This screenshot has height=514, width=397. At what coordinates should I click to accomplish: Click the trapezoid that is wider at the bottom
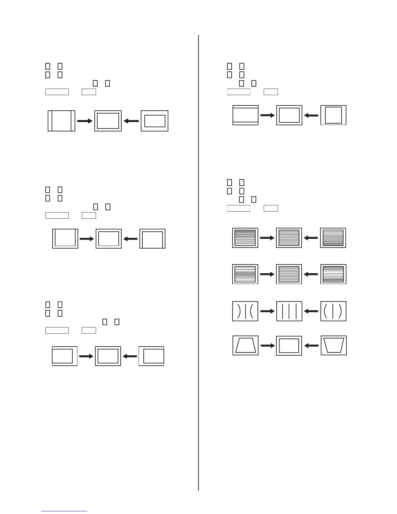(246, 345)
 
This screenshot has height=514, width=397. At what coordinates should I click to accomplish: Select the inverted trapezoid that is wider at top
(333, 345)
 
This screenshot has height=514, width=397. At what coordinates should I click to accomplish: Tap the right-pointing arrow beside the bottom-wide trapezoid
(268, 346)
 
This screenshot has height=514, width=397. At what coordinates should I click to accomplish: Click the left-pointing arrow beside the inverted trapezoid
(311, 346)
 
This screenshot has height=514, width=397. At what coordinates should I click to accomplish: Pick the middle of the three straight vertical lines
(289, 312)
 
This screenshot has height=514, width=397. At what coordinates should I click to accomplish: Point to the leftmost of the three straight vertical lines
(283, 312)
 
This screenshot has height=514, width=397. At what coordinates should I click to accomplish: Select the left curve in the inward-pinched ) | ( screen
(239, 312)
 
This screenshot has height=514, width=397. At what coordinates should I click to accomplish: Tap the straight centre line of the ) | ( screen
(245, 312)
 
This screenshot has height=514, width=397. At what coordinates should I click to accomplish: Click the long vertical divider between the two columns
(198, 260)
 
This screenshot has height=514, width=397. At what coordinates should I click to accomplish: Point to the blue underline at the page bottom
(64, 511)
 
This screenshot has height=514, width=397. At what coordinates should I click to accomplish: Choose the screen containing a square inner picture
(333, 115)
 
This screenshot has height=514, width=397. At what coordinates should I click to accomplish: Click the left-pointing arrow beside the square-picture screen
(311, 115)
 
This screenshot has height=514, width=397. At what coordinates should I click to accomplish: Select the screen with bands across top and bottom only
(246, 115)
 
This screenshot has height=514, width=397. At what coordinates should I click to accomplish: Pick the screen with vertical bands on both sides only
(61, 121)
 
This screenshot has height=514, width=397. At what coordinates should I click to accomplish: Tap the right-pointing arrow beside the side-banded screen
(85, 121)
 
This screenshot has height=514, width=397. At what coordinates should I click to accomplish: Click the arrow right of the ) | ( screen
(268, 311)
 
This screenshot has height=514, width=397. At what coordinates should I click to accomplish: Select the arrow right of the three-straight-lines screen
(311, 311)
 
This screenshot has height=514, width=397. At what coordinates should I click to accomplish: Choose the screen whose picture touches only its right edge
(151, 356)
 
